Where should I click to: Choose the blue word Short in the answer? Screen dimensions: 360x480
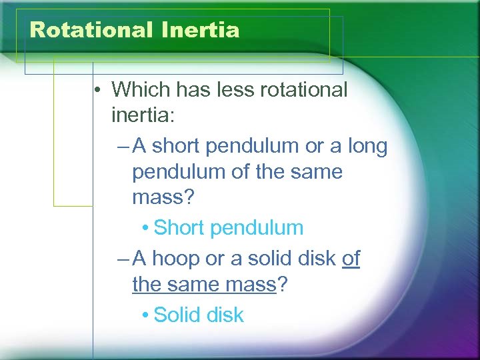coord(180,228)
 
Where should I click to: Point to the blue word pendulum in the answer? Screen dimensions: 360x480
coord(257,228)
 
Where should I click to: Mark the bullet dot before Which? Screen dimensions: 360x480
coord(98,90)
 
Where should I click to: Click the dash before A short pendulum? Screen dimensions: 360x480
coord(121,146)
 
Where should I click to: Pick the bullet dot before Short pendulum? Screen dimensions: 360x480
coord(145,229)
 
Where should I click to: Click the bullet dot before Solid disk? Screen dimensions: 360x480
coord(145,315)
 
